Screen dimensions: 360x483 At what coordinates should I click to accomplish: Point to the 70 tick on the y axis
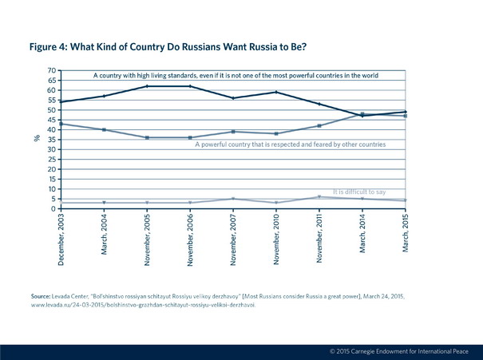point(52,70)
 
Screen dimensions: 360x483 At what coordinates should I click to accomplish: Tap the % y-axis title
point(37,137)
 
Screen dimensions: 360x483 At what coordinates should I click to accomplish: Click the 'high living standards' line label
point(236,75)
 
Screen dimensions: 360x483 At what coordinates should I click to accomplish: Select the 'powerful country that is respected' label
point(290,144)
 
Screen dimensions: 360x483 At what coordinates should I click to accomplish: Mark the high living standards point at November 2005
point(147,86)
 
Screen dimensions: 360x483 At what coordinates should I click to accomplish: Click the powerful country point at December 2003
point(61,124)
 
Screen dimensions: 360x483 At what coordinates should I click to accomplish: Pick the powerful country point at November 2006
point(190,137)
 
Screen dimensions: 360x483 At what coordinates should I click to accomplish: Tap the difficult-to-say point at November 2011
point(319,197)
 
